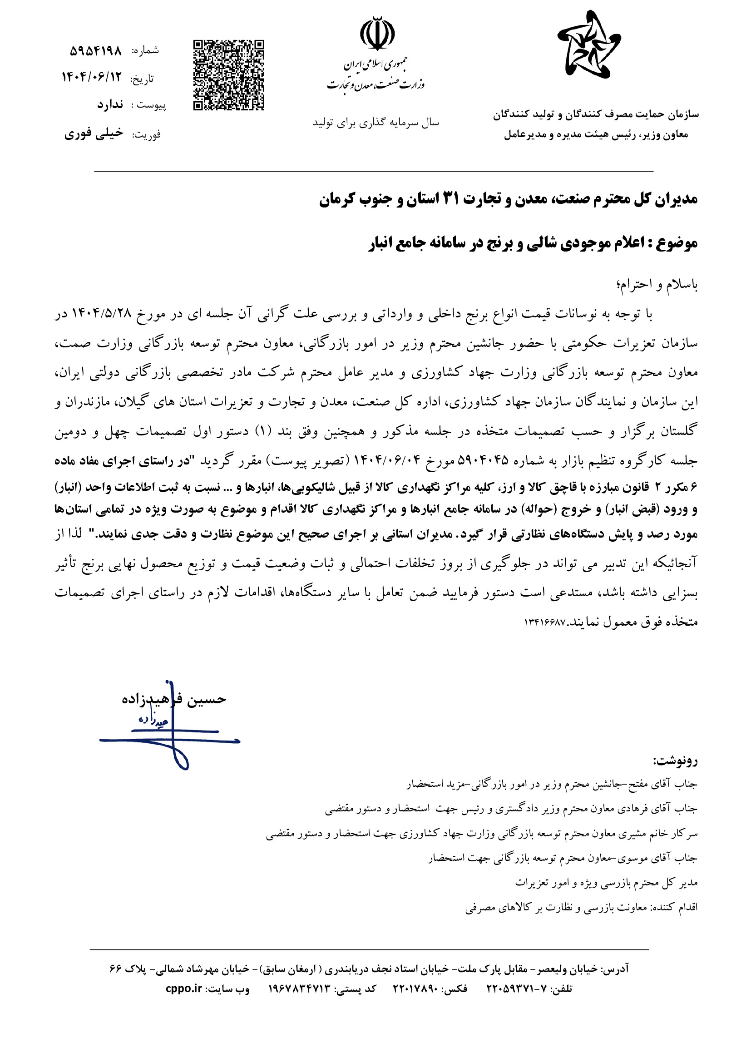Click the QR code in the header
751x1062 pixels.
point(228,75)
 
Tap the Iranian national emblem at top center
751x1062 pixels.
point(377,34)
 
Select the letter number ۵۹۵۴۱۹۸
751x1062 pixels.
point(96,50)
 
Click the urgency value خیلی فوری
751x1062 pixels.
point(94,133)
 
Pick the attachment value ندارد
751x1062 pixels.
point(110,105)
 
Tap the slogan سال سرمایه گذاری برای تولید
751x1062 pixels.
point(375,123)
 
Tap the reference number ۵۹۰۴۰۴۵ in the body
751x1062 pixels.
point(483,461)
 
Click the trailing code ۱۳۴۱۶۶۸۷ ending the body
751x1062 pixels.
point(545,622)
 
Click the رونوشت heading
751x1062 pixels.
point(676,761)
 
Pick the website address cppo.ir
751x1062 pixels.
point(183,989)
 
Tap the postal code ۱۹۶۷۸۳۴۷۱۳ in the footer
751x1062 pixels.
point(301,989)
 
